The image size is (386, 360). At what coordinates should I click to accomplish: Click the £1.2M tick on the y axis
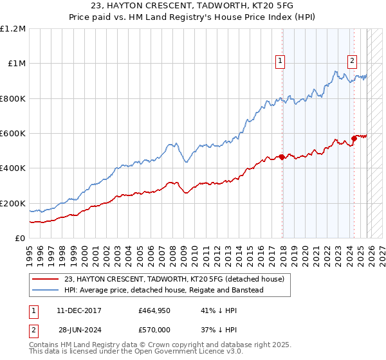[13, 28]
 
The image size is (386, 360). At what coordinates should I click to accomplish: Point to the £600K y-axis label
[13, 134]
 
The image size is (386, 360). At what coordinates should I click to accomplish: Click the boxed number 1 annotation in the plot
[281, 62]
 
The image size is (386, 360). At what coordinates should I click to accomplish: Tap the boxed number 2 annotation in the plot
[353, 62]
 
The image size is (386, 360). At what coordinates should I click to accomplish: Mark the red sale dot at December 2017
[282, 157]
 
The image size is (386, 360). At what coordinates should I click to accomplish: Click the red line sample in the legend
[45, 278]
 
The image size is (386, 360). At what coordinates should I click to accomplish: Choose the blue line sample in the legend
[45, 290]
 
